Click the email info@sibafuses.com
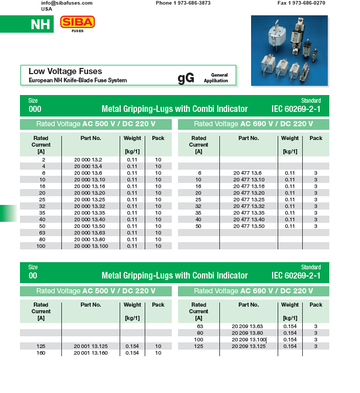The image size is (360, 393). [x=66, y=3]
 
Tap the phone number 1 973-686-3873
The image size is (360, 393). [x=183, y=3]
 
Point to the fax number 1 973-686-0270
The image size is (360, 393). [x=301, y=3]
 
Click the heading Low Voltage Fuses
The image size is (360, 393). [x=65, y=72]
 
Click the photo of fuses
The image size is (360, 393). [x=289, y=50]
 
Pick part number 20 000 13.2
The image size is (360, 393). [x=88, y=160]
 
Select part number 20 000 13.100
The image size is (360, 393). [x=91, y=246]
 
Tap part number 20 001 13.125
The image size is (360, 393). [x=91, y=346]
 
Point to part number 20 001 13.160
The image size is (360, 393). [x=91, y=353]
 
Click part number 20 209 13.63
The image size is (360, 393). [x=247, y=327]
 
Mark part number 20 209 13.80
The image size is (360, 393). [x=247, y=333]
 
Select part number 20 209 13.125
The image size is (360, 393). [x=249, y=346]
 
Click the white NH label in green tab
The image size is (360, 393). [x=40, y=25]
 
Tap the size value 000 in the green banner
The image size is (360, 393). [x=35, y=109]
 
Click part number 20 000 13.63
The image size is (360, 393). [x=89, y=233]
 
